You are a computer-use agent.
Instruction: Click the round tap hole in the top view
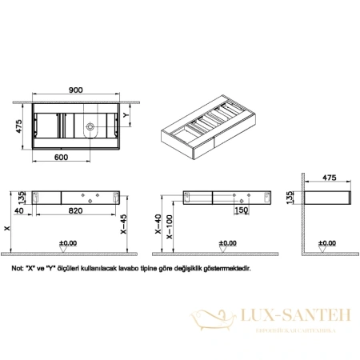pyautogui.click(x=90, y=126)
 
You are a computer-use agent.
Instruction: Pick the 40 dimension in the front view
pyautogui.click(x=18, y=212)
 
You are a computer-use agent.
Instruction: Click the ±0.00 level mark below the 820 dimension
pyautogui.click(x=69, y=242)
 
